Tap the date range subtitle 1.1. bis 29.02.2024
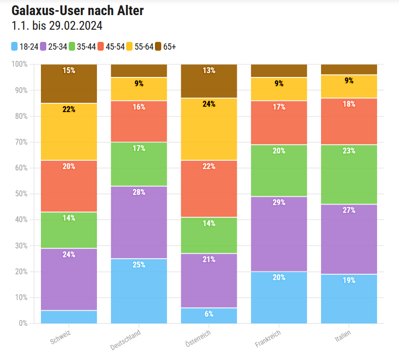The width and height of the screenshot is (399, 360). pos(57,26)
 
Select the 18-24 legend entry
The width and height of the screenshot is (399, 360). pos(25,47)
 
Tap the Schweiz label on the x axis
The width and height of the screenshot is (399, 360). pos(60,337)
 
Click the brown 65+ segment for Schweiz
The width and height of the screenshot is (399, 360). pos(69,83)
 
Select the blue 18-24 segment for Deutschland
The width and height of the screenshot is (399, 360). pos(139,291)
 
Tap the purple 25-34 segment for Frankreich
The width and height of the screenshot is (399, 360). pos(279,234)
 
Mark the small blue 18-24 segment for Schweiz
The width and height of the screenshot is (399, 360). pos(69,317)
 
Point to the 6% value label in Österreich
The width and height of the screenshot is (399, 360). pos(209,314)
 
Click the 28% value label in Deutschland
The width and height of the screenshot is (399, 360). pos(139,192)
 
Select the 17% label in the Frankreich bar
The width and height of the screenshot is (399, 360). pos(279,106)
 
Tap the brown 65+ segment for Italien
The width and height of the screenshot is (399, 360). pos(349,69)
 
